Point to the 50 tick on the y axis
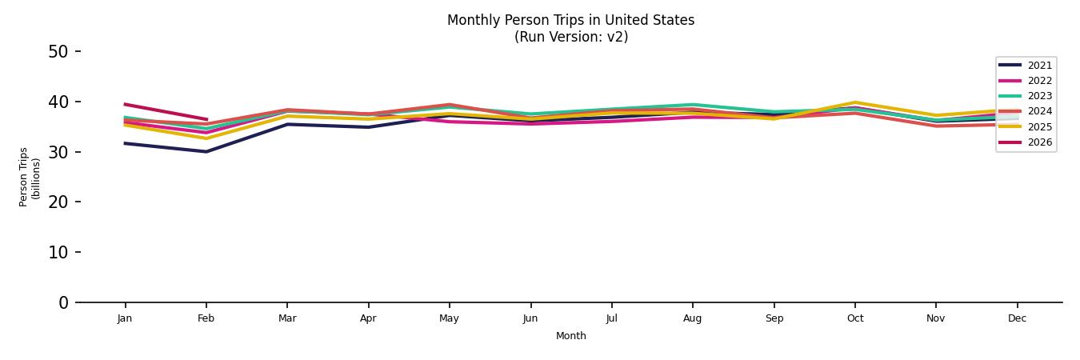click(58, 52)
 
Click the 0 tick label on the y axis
click(64, 302)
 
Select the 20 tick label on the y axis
click(58, 202)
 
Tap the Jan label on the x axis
click(125, 318)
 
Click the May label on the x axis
click(450, 318)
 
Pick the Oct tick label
click(855, 318)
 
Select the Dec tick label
click(1017, 318)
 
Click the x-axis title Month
click(571, 336)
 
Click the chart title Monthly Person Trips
click(570, 20)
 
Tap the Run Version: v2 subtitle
click(570, 37)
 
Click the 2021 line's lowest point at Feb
click(206, 151)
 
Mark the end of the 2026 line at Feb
click(206, 119)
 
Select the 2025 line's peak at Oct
click(855, 102)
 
